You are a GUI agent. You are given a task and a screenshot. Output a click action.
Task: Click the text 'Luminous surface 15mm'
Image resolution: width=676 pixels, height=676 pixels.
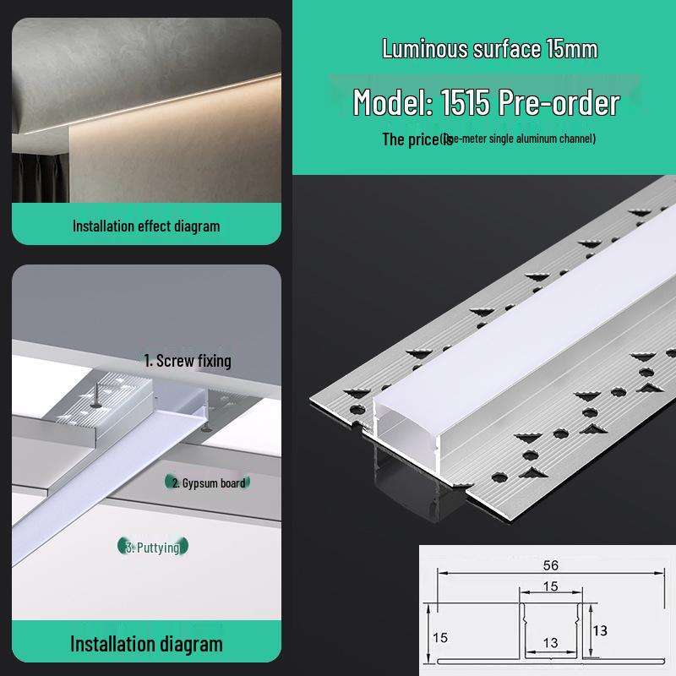point(489,49)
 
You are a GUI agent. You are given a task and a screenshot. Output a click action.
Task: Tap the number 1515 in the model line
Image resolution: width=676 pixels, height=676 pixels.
point(466,103)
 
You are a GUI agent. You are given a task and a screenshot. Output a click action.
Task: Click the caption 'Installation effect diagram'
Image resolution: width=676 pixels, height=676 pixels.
point(145,226)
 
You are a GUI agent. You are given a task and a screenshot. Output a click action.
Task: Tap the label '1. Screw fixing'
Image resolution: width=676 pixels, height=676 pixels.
point(187,361)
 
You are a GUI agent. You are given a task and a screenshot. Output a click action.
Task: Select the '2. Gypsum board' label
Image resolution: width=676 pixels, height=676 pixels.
point(208,483)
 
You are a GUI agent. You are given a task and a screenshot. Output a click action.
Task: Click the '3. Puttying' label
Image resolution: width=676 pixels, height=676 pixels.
point(152,548)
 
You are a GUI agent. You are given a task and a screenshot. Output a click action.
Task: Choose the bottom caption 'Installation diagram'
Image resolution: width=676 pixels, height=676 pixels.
point(145,644)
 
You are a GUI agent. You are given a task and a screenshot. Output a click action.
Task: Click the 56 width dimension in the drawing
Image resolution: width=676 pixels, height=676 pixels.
point(551,565)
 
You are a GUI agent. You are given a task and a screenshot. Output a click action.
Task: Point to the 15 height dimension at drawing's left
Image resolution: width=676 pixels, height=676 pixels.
point(439,636)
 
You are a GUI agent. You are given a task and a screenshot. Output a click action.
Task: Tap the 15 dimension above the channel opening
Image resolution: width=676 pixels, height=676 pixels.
point(551,586)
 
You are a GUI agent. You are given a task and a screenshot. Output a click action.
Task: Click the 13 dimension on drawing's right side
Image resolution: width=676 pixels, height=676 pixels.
point(600,630)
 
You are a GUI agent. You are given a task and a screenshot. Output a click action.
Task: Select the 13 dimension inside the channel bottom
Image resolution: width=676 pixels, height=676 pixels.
point(551,643)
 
